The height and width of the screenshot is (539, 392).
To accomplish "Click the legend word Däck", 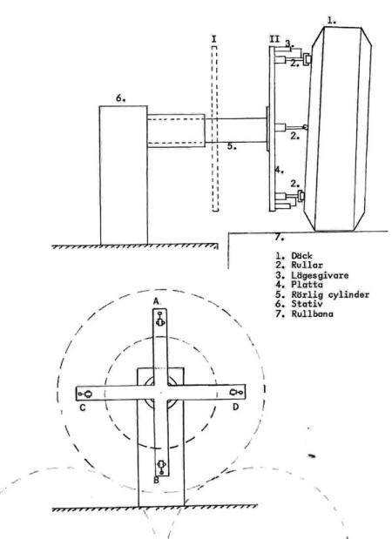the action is pos(302,256).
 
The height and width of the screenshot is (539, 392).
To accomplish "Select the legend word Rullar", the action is pos(307,265).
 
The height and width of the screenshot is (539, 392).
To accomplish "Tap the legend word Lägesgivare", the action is pos(320,275).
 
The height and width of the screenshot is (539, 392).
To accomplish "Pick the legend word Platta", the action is pos(307,285).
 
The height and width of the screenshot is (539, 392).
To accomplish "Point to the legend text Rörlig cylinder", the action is pos(330,295).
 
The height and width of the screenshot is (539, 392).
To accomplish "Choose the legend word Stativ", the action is pos(307,304).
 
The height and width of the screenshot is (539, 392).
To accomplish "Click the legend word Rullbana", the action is pos(312,313).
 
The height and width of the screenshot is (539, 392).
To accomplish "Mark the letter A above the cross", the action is pos(157,301).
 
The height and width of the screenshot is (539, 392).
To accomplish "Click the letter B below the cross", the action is pos(156,480).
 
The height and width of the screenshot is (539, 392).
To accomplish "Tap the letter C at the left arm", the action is pos(83,408).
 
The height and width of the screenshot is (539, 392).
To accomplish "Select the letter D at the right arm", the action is pos(235,407).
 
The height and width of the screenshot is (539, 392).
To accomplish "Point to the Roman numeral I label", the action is pos(214,39).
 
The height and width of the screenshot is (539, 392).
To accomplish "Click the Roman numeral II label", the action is pos(274,39).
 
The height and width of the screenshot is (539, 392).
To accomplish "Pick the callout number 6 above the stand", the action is pos(120,98).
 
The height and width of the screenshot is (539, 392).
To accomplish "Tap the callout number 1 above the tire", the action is pos(332,21).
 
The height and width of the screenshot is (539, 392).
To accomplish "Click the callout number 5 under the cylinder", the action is pos(232,146).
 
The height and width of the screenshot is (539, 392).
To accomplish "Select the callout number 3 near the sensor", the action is pos(290,44).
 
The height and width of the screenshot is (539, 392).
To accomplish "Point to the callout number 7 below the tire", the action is pos(280,237).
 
